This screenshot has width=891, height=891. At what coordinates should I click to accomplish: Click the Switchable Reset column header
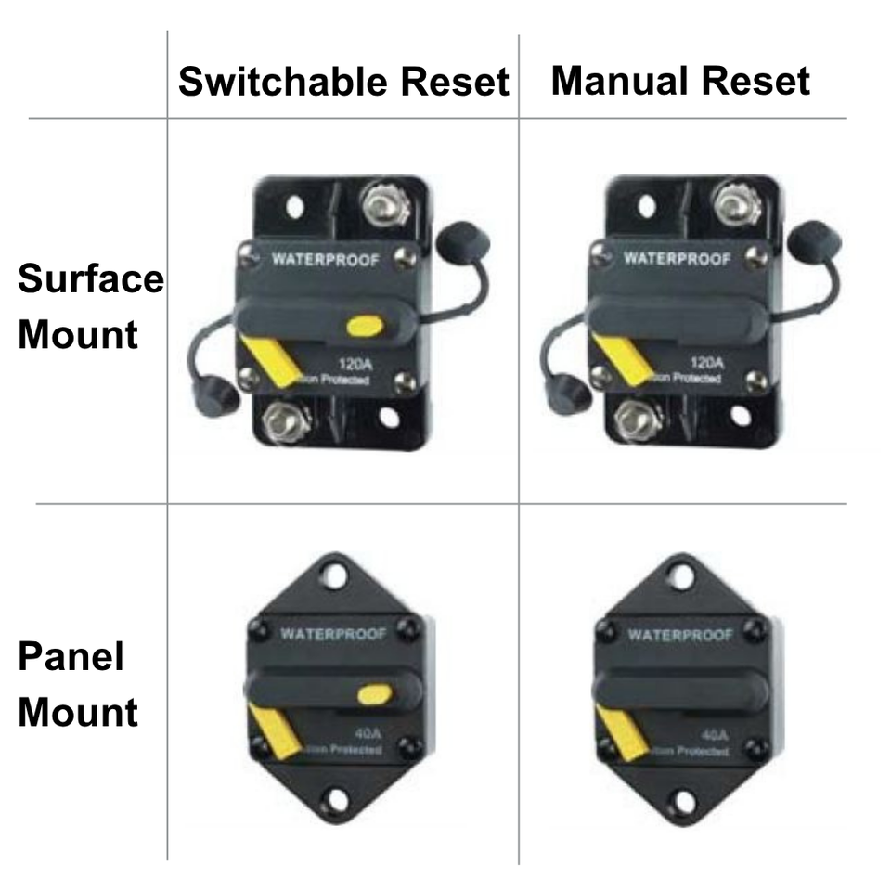pyautogui.click(x=343, y=82)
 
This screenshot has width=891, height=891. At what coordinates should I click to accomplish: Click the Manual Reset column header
pyautogui.click(x=680, y=82)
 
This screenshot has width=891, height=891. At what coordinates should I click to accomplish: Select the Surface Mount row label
pyautogui.click(x=90, y=306)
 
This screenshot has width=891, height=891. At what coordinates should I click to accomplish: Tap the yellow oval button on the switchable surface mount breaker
pyautogui.click(x=364, y=326)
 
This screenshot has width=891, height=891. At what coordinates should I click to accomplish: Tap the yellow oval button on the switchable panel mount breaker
pyautogui.click(x=372, y=693)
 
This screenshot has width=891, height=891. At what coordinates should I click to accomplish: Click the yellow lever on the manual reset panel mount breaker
pyautogui.click(x=621, y=731)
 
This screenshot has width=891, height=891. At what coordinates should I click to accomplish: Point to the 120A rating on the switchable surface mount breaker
pyautogui.click(x=353, y=363)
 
